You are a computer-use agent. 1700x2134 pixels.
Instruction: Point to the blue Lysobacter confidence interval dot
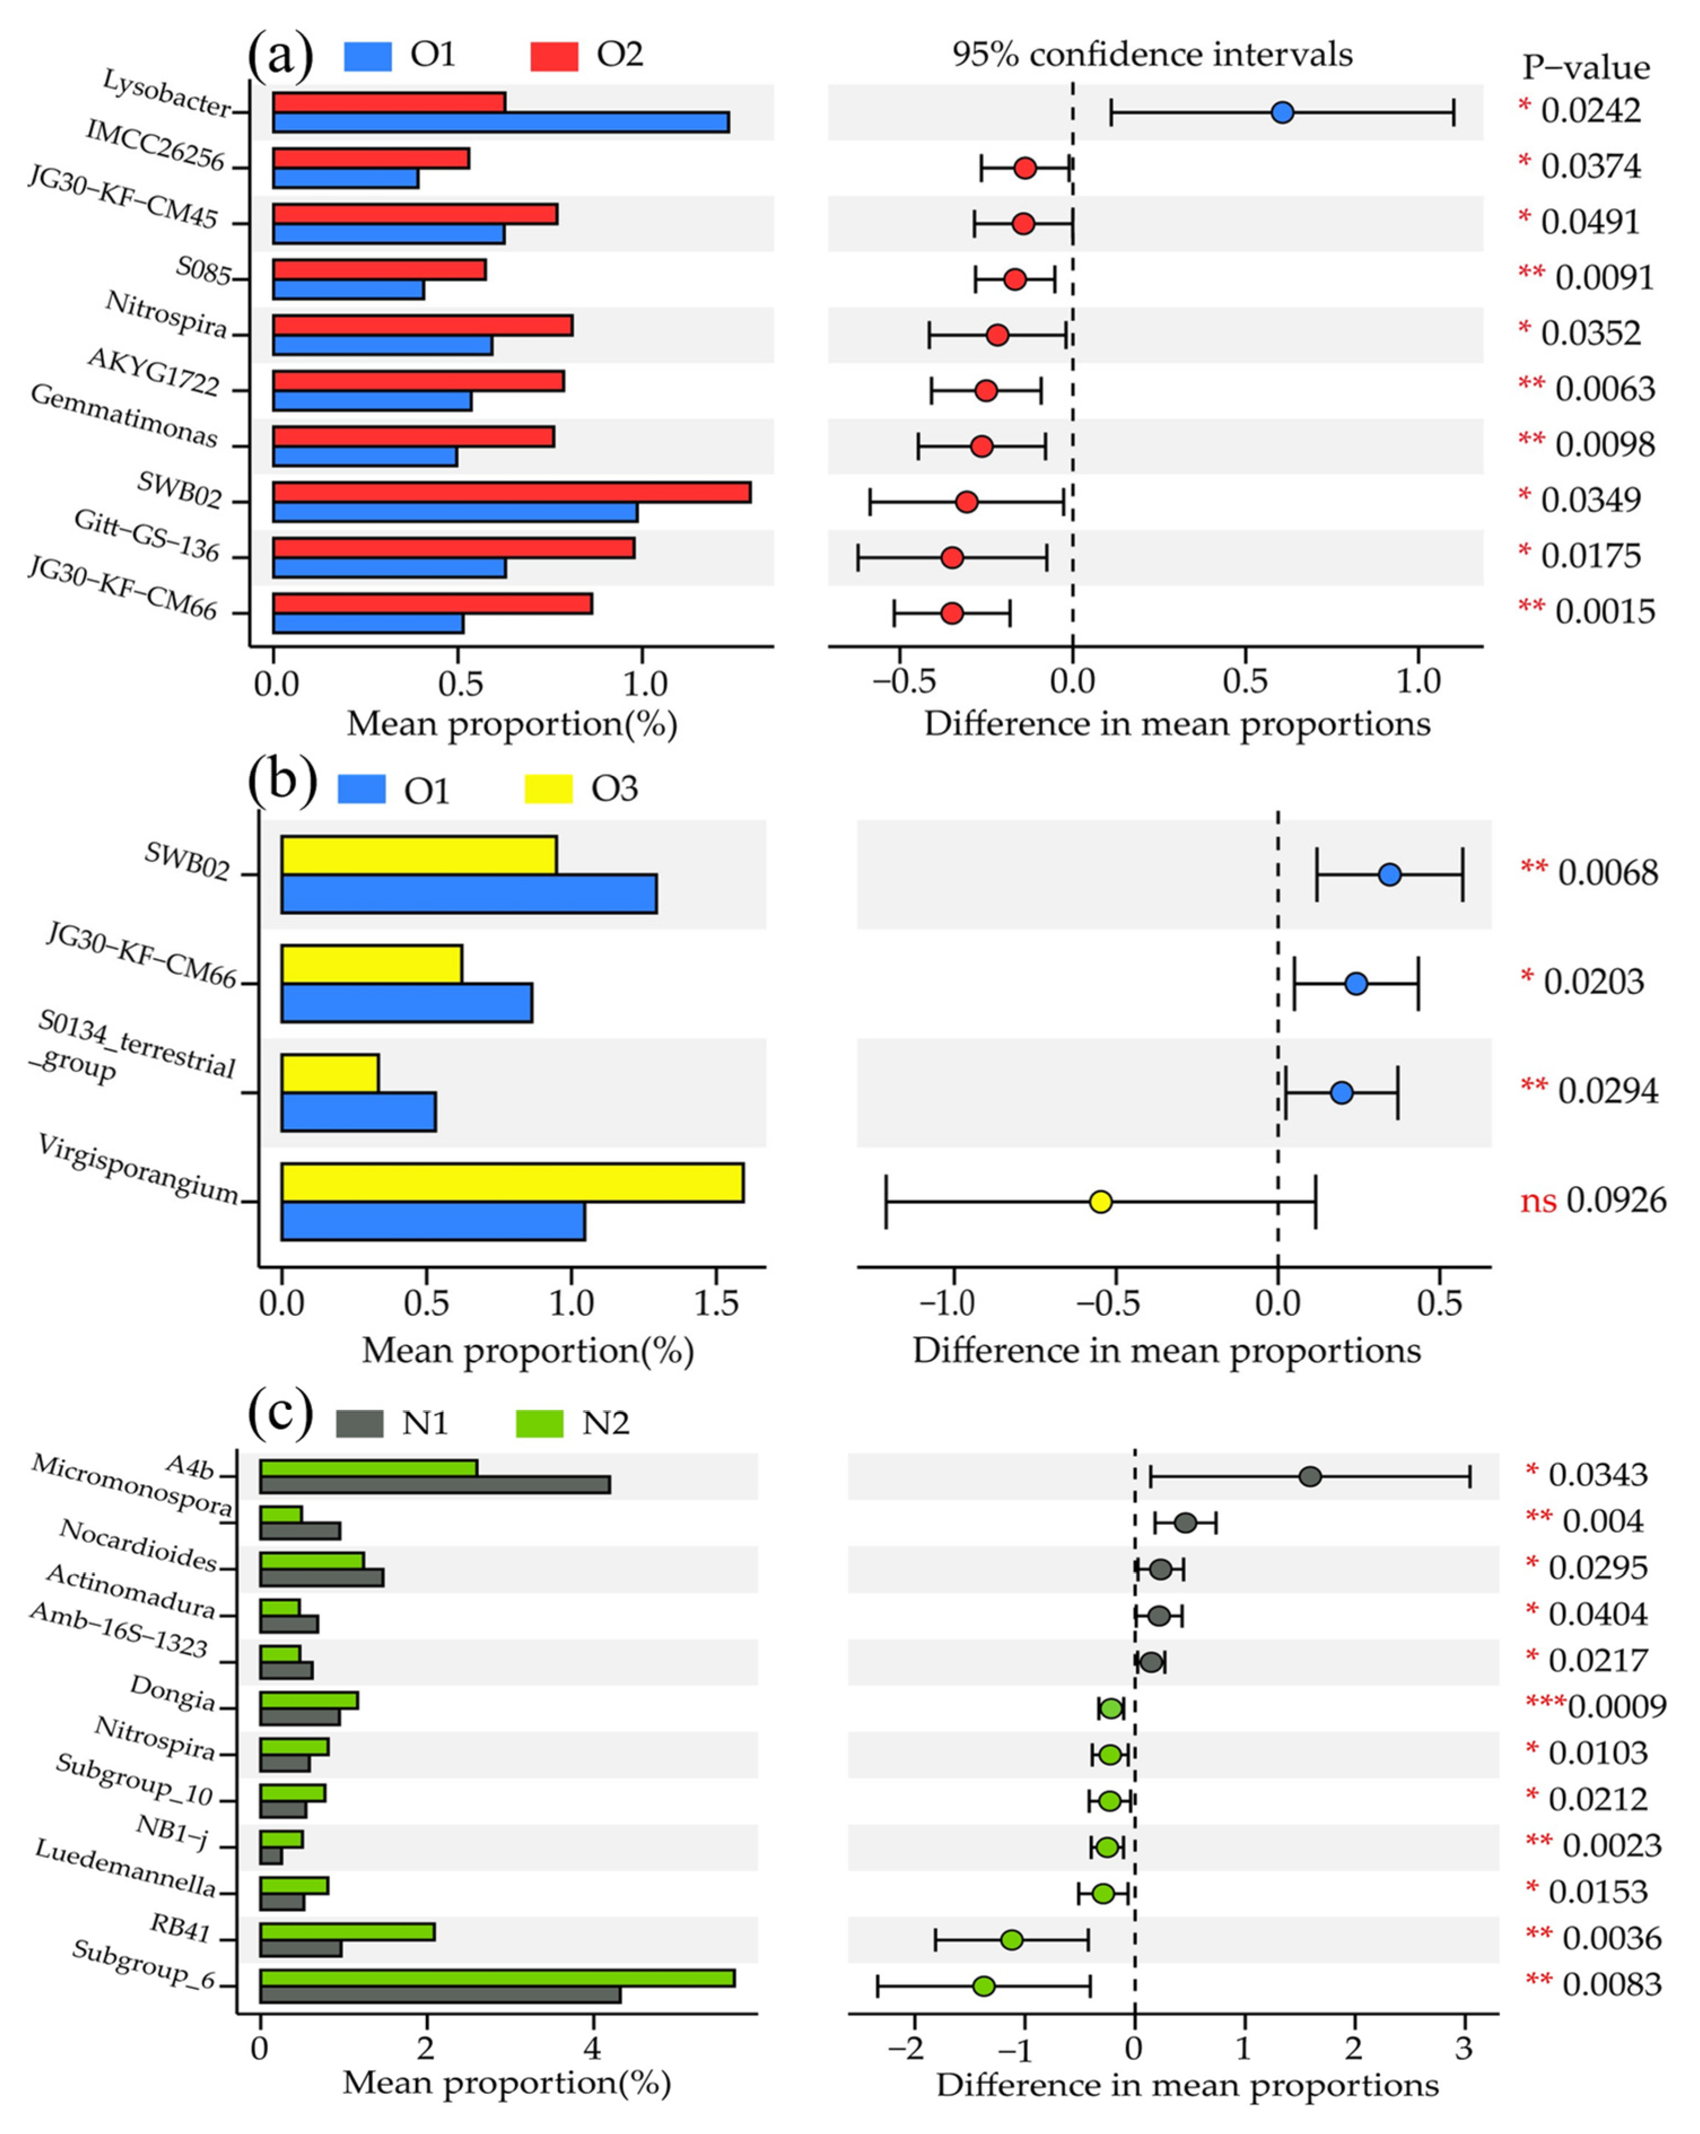(x=1282, y=113)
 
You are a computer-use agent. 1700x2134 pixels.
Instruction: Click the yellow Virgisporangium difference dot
(x=1100, y=1202)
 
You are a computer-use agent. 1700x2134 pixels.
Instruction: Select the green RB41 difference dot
(x=1011, y=1939)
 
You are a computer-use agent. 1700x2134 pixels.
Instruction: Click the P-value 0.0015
(x=1604, y=612)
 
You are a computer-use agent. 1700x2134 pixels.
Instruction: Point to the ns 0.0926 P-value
(x=1593, y=1201)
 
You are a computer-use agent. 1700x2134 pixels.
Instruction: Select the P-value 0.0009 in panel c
(x=1617, y=1707)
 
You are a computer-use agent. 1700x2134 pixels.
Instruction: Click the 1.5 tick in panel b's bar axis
(x=715, y=1303)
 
